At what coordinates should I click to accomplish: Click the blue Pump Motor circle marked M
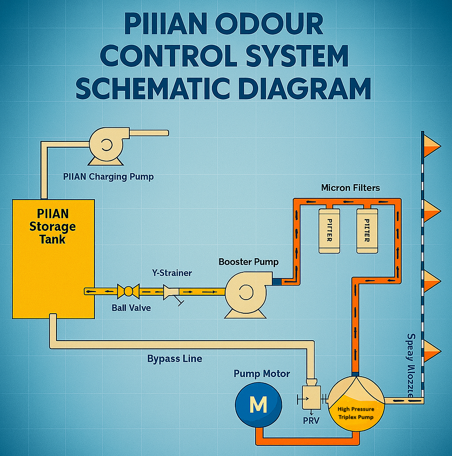258,404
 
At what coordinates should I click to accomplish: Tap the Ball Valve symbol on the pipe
128,291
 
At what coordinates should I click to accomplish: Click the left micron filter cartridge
330,230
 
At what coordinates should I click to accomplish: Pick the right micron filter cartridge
366,230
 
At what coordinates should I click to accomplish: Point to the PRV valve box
311,398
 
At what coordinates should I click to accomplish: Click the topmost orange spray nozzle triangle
432,145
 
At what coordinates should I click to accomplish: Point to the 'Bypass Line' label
174,358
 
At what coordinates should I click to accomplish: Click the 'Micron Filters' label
350,188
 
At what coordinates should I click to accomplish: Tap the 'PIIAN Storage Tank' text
52,226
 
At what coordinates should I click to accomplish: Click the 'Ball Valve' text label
131,308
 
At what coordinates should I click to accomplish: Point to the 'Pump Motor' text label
262,374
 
